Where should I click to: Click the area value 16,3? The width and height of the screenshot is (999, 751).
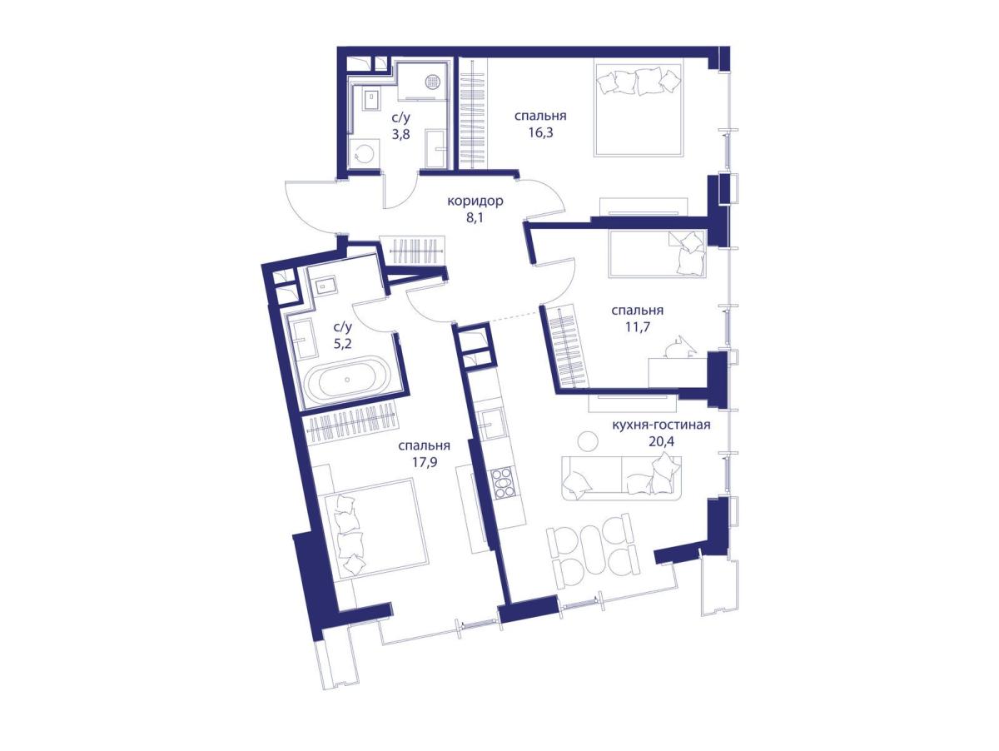tap(540, 133)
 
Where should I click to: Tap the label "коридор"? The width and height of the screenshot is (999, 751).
tap(475, 201)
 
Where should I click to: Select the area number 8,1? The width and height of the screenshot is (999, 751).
tap(475, 218)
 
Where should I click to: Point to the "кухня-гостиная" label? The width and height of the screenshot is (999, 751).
tap(661, 425)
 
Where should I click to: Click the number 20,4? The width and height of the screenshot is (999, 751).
tap(661, 441)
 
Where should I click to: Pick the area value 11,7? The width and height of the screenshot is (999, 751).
tap(637, 327)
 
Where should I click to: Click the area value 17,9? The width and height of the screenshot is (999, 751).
tap(425, 463)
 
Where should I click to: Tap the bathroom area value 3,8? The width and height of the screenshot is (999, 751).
tap(400, 135)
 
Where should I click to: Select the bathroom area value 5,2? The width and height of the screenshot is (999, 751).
tap(342, 344)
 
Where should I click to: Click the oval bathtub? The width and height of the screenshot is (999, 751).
tap(347, 379)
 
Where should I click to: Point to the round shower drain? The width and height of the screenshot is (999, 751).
tap(432, 82)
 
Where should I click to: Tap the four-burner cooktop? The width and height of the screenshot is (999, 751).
tap(503, 483)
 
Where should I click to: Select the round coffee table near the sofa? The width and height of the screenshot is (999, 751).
tap(587, 441)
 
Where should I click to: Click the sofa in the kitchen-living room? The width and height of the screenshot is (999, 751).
tap(621, 477)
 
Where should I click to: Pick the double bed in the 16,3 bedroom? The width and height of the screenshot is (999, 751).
tap(639, 110)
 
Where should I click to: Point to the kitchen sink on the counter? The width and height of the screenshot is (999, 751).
tap(493, 424)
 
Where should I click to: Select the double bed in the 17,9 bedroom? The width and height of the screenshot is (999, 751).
tap(376, 528)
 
